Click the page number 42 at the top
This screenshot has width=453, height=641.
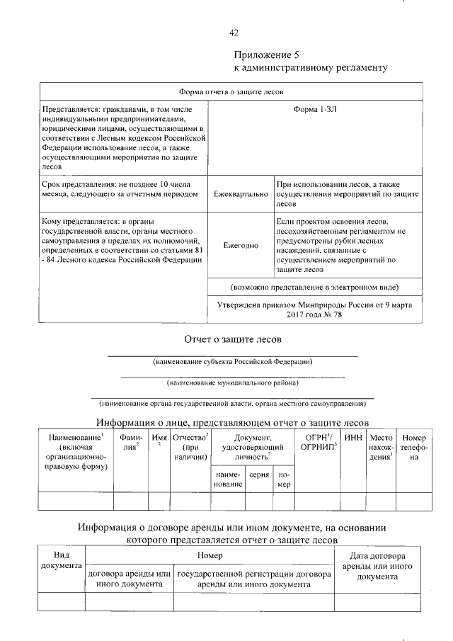(x=234, y=33)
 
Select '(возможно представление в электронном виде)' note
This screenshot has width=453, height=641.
(x=314, y=288)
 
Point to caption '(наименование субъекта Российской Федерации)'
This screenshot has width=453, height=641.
(x=233, y=362)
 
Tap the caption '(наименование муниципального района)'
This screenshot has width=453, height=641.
(x=233, y=382)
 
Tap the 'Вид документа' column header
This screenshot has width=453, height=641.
(x=61, y=560)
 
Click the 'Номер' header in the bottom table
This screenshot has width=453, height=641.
(x=210, y=555)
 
